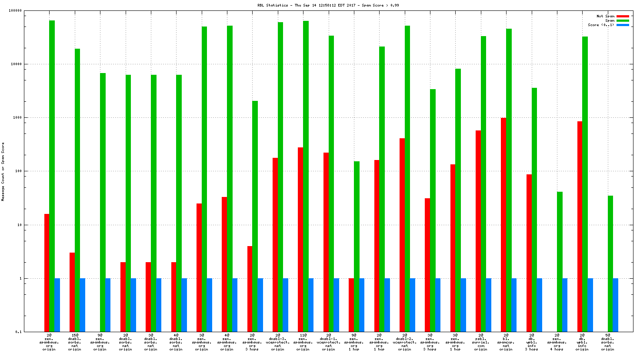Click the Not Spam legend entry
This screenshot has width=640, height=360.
(605, 16)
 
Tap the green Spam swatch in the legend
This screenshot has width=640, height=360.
(622, 20)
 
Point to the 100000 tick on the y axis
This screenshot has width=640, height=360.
(16, 10)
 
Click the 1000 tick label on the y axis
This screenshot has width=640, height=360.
(17, 117)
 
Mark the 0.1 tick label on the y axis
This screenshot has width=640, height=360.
(18, 332)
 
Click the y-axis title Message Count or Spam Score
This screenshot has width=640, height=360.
(3, 172)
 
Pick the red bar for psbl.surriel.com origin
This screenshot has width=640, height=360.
(478, 231)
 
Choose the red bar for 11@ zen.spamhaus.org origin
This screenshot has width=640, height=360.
(300, 240)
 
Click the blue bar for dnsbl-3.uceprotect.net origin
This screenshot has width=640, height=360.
(286, 305)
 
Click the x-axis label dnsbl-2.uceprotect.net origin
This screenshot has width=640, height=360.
(404, 342)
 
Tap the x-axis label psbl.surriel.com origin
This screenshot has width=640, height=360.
(480, 342)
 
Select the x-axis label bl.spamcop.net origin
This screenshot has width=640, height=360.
(506, 342)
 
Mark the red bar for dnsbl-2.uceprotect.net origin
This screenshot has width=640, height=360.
(402, 235)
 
